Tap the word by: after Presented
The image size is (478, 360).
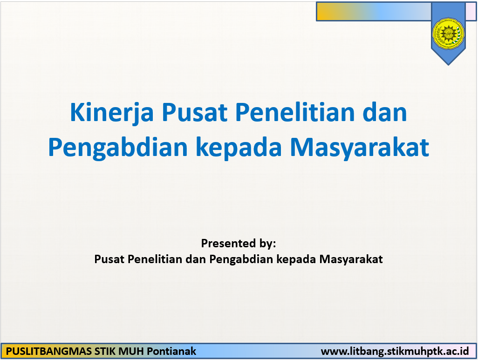tap(266, 243)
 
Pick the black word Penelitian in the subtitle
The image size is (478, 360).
tap(154, 259)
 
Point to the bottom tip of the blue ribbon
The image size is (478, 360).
tap(448, 64)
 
